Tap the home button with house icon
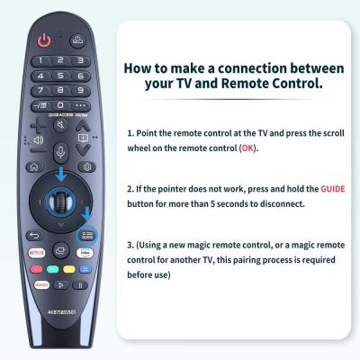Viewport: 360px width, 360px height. tap(34, 166)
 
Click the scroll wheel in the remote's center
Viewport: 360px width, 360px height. tap(60, 199)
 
